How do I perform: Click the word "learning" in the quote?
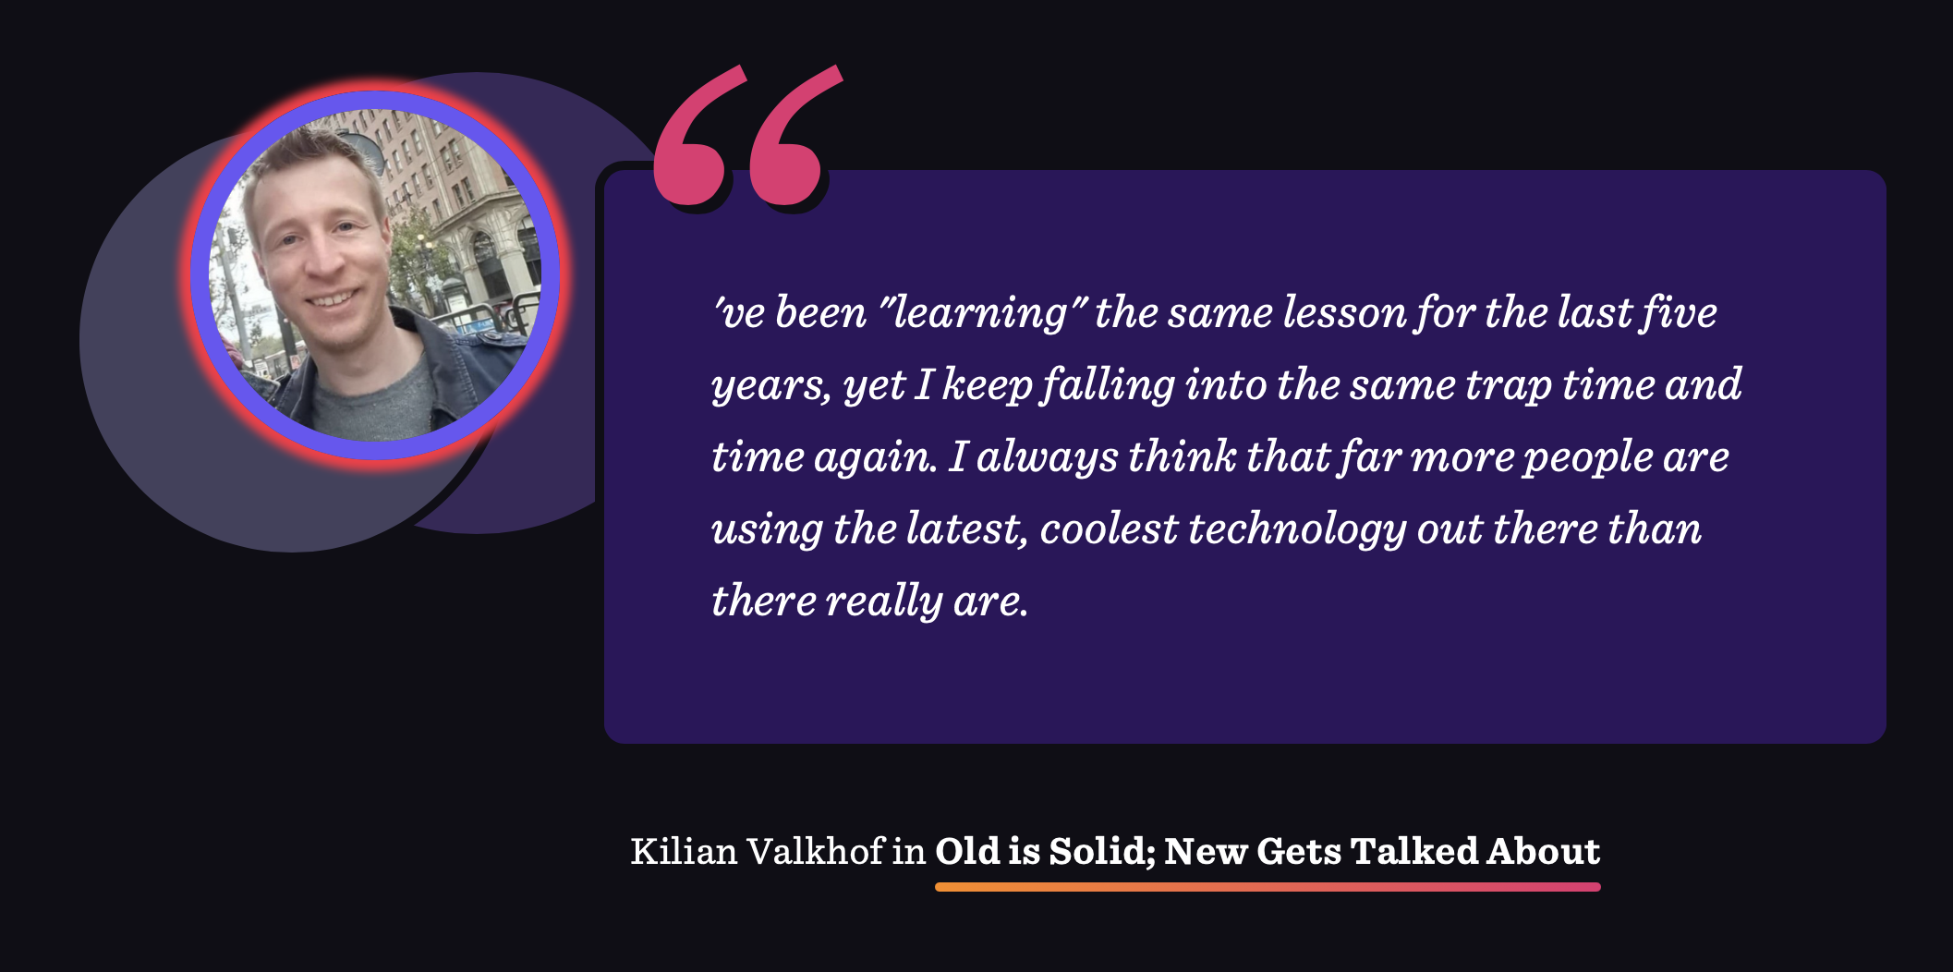pos(981,313)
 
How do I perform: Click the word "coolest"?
pos(1109,529)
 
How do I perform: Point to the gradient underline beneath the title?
pos(1268,887)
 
